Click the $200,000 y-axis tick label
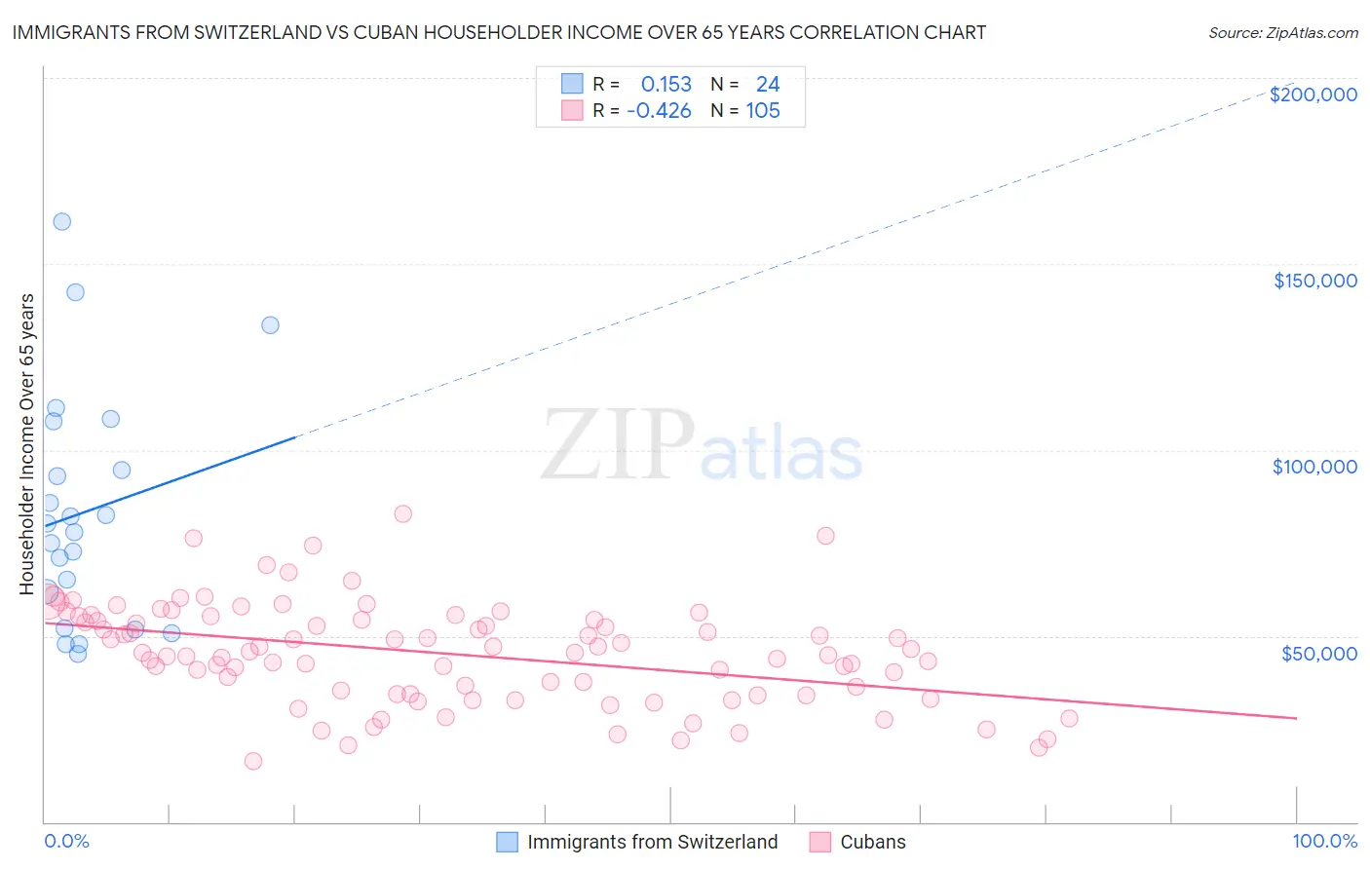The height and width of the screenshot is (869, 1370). coord(1313,94)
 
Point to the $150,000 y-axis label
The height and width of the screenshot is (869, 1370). coord(1314,281)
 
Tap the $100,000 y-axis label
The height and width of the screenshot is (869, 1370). coord(1314,467)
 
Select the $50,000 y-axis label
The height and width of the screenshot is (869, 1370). coord(1318,653)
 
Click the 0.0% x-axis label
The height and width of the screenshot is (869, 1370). coord(66,841)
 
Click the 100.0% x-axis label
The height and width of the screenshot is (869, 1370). coord(1324,841)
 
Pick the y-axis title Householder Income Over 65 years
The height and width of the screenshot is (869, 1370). coord(27,443)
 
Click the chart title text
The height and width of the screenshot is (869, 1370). coord(499,32)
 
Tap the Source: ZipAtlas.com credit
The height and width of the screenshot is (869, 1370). coord(1282,33)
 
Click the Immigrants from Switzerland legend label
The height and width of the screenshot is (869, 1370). coord(652,842)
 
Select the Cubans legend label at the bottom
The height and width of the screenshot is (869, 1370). coord(872,842)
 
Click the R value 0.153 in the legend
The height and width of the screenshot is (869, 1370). coord(666,85)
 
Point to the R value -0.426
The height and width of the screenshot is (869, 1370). coord(659,111)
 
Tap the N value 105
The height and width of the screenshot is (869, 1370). coord(763,111)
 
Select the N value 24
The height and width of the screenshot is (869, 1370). coord(767,85)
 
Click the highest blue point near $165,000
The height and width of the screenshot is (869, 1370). coord(61,221)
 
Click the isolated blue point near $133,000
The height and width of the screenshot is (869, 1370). coord(270,325)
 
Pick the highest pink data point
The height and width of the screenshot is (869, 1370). coord(402,513)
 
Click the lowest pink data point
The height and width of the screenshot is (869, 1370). coord(253,761)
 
